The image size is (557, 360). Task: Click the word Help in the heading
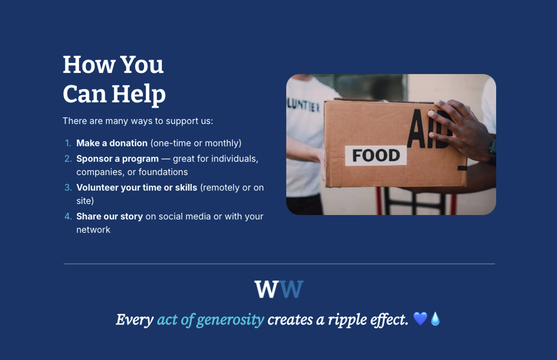pos(139,95)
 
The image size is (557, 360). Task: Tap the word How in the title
pos(89,64)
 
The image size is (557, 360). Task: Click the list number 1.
pos(68,143)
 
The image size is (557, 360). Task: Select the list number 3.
pos(68,187)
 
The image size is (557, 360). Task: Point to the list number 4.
pos(68,216)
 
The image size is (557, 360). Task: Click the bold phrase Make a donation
pos(112,143)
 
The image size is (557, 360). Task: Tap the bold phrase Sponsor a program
pos(117,159)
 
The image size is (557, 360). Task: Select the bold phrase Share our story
pos(110,217)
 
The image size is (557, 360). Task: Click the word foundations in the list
pos(163,172)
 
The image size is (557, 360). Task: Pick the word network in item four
pos(93,230)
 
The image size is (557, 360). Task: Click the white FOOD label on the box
pos(376,155)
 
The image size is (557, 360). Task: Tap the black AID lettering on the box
pos(429,129)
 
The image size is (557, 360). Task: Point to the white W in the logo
pos(266,289)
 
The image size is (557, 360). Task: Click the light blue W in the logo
pos(291,289)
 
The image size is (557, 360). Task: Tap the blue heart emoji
pos(420,319)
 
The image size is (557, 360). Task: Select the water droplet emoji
pos(435,319)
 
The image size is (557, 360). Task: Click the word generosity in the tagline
pos(230,320)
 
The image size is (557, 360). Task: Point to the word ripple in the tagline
pos(347,320)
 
